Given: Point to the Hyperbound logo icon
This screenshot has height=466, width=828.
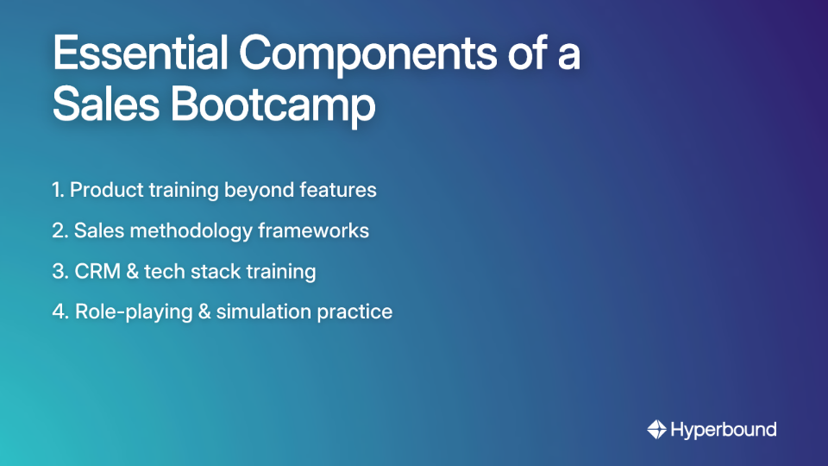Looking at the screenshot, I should point(656,429).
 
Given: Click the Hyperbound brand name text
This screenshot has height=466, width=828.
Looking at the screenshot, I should point(724,429).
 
